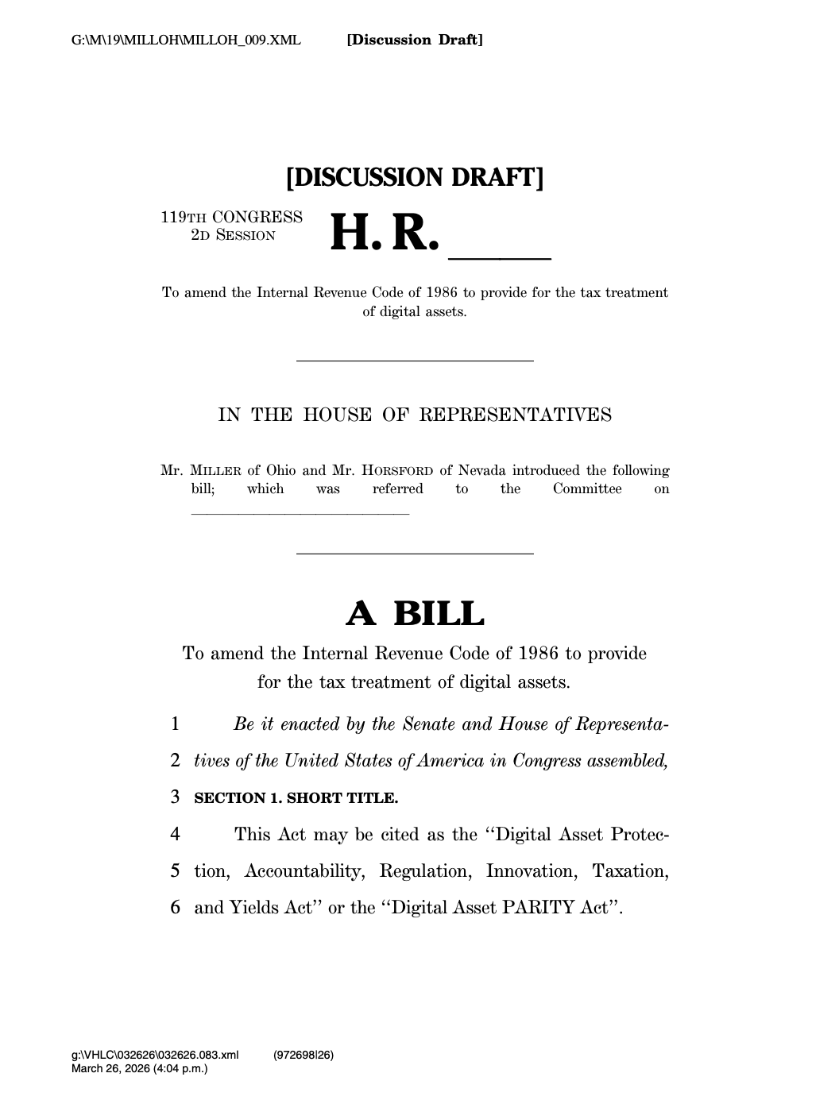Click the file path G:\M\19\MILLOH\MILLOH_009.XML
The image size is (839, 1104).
tap(186, 40)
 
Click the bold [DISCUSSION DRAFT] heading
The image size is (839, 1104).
tap(415, 177)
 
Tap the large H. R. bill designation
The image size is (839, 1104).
tap(384, 231)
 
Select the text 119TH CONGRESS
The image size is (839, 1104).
tap(232, 217)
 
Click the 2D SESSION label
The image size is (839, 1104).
tap(233, 235)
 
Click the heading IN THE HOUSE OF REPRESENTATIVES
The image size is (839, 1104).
tap(415, 415)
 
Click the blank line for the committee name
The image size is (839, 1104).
tap(300, 513)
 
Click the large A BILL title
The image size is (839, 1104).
tap(415, 613)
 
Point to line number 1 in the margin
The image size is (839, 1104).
tap(175, 724)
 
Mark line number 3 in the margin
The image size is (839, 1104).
tap(175, 797)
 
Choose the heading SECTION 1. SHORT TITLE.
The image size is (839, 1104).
tap(296, 798)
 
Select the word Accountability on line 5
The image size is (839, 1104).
tap(304, 871)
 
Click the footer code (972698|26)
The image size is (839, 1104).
tap(304, 1055)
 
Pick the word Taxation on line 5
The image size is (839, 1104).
tap(630, 871)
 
